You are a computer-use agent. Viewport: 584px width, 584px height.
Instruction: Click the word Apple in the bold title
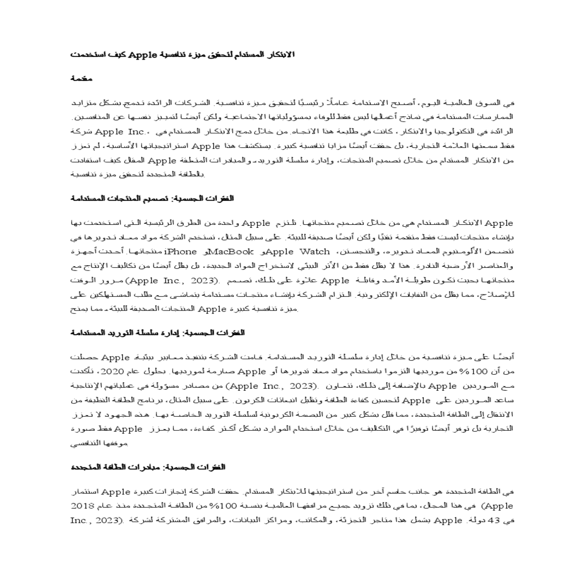pyautogui.click(x=142, y=55)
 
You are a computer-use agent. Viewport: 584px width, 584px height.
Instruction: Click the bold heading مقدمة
pyautogui.click(x=81, y=78)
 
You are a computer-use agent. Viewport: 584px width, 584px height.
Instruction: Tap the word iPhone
pyautogui.click(x=181, y=252)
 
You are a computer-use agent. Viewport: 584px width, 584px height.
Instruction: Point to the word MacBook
pyautogui.click(x=232, y=252)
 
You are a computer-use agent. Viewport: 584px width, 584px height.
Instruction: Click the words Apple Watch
pyautogui.click(x=298, y=252)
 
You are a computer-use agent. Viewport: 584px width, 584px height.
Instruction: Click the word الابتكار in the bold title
pyautogui.click(x=280, y=55)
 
